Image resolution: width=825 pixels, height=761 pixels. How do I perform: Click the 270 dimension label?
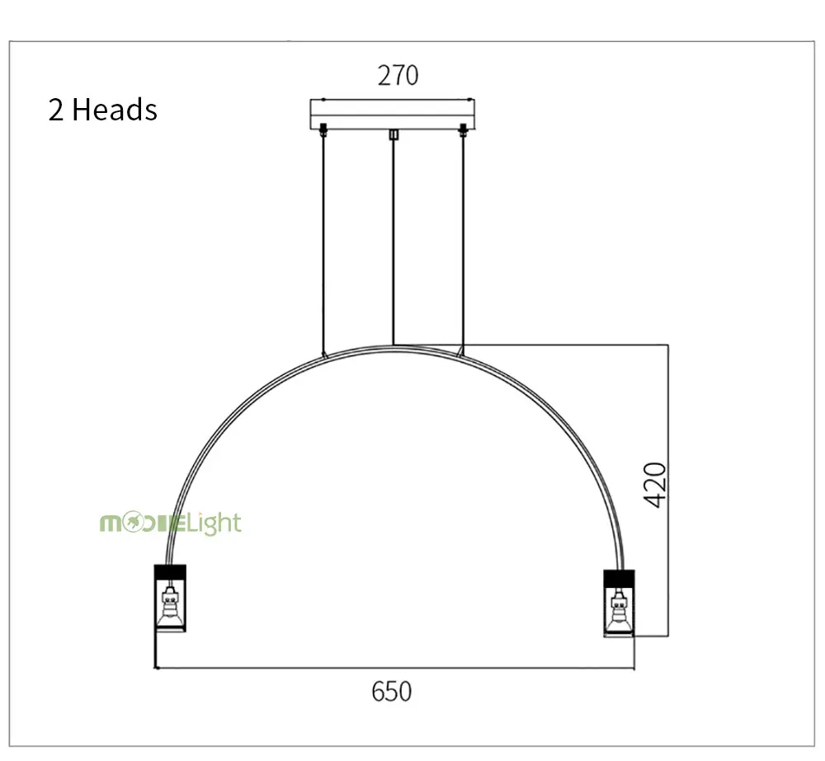click(398, 75)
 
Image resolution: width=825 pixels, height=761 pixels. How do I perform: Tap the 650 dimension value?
click(391, 691)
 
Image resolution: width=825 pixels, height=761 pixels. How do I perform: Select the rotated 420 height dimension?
click(655, 485)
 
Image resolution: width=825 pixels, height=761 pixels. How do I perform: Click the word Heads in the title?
click(114, 110)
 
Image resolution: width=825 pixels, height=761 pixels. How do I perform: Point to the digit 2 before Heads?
click(56, 110)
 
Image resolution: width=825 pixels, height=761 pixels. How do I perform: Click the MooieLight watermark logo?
click(171, 524)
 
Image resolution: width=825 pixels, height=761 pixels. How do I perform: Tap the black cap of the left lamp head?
click(170, 571)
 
